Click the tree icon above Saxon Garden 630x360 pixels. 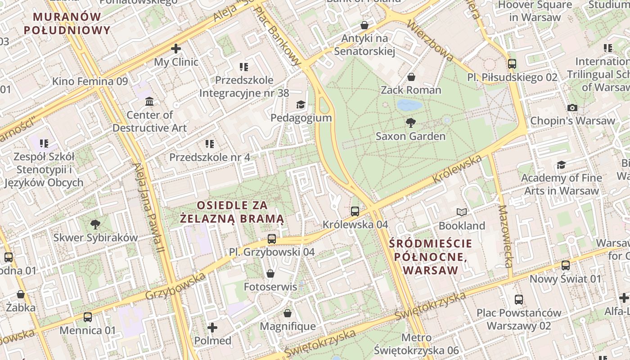[410, 122]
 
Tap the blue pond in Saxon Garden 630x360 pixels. [409, 105]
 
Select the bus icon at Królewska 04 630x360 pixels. [355, 211]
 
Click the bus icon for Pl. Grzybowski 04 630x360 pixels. [271, 239]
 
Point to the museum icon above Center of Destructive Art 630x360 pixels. [149, 102]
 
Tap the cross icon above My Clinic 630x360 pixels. [176, 49]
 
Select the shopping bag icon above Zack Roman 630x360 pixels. [411, 77]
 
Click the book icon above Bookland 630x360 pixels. [462, 212]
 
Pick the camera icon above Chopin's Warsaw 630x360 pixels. [572, 108]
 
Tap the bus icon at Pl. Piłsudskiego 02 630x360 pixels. [512, 64]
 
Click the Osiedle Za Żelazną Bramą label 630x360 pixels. [232, 212]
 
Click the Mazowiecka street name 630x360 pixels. [506, 236]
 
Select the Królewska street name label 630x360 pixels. [457, 169]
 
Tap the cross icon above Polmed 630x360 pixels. [212, 327]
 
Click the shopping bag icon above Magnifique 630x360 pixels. [288, 313]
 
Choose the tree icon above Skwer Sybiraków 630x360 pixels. [95, 224]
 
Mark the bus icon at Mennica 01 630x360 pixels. [88, 317]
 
